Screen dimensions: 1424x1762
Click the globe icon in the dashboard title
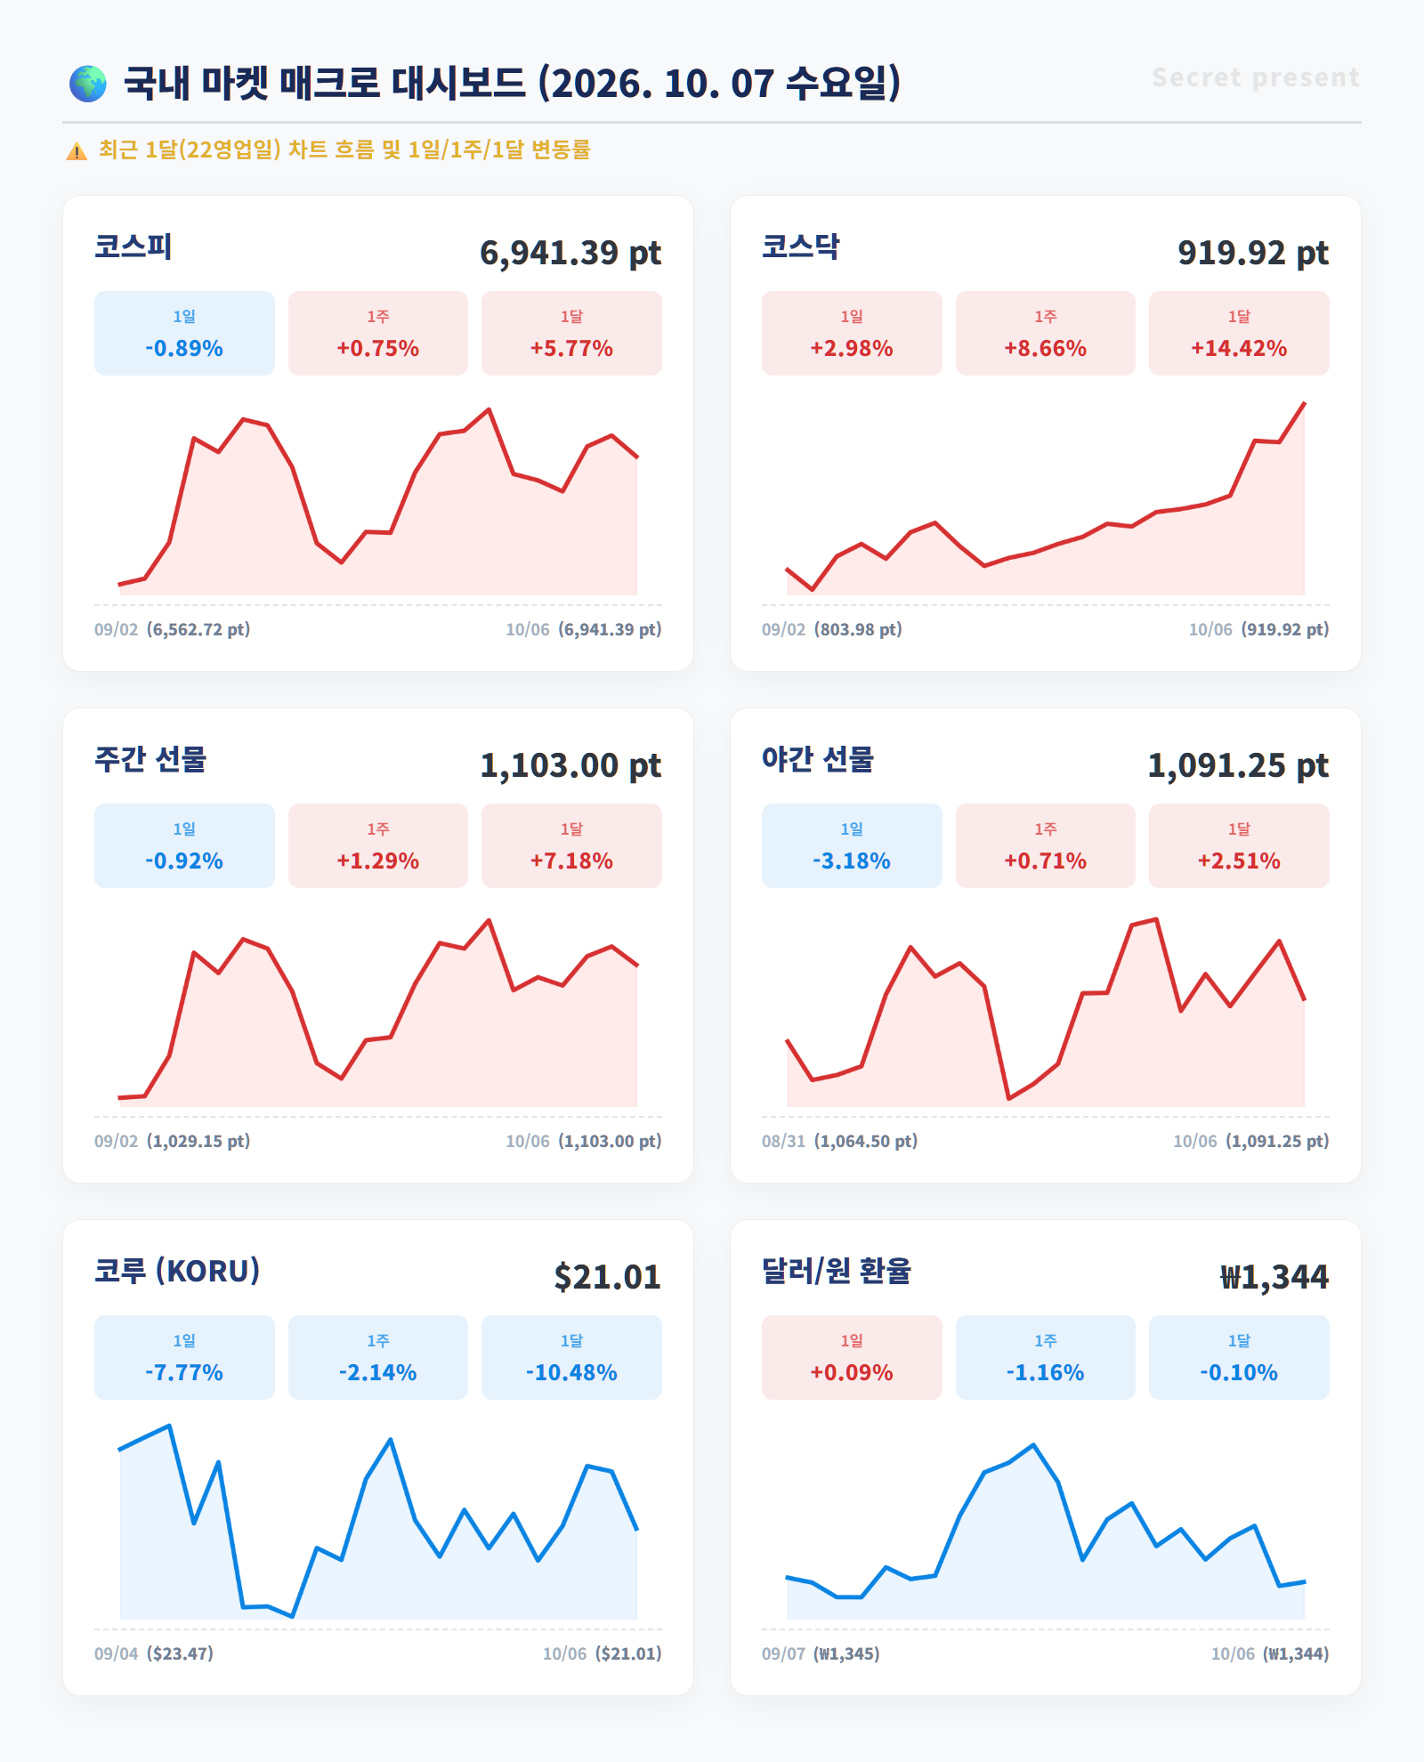click(x=88, y=84)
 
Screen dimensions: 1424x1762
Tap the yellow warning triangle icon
click(x=77, y=151)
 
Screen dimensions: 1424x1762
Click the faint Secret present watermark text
click(x=1256, y=77)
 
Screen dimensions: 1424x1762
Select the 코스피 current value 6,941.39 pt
click(x=570, y=253)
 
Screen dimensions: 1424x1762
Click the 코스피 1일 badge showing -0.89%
click(x=184, y=333)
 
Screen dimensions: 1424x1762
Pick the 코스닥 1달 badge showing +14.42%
click(x=1239, y=333)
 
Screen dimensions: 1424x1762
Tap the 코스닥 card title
click(x=801, y=247)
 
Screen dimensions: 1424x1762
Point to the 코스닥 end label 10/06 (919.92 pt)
click(x=1258, y=629)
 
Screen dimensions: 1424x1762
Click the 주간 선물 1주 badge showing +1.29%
click(x=378, y=845)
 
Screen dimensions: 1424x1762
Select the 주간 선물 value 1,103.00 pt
click(x=570, y=765)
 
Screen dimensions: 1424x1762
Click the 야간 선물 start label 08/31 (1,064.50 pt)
click(x=839, y=1141)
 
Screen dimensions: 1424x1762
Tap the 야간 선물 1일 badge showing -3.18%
click(x=852, y=845)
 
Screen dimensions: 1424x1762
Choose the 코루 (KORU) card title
click(x=177, y=1271)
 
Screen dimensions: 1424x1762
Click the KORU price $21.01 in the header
click(x=608, y=1277)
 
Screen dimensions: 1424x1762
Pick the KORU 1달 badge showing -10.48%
click(x=571, y=1357)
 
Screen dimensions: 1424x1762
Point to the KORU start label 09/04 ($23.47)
click(x=154, y=1653)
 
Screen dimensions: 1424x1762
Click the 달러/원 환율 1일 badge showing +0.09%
click(x=852, y=1357)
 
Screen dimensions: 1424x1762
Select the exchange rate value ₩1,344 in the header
click(x=1274, y=1277)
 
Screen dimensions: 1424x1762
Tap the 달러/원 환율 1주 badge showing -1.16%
click(x=1046, y=1357)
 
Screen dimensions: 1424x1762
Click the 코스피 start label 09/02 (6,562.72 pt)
click(x=173, y=629)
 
